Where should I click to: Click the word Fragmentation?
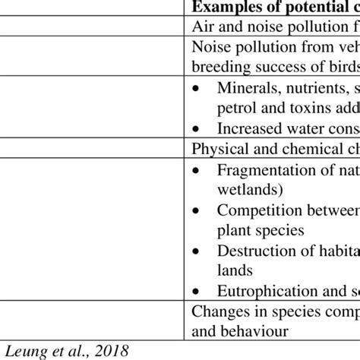[x=261, y=170]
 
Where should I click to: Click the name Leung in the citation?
[x=24, y=349]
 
